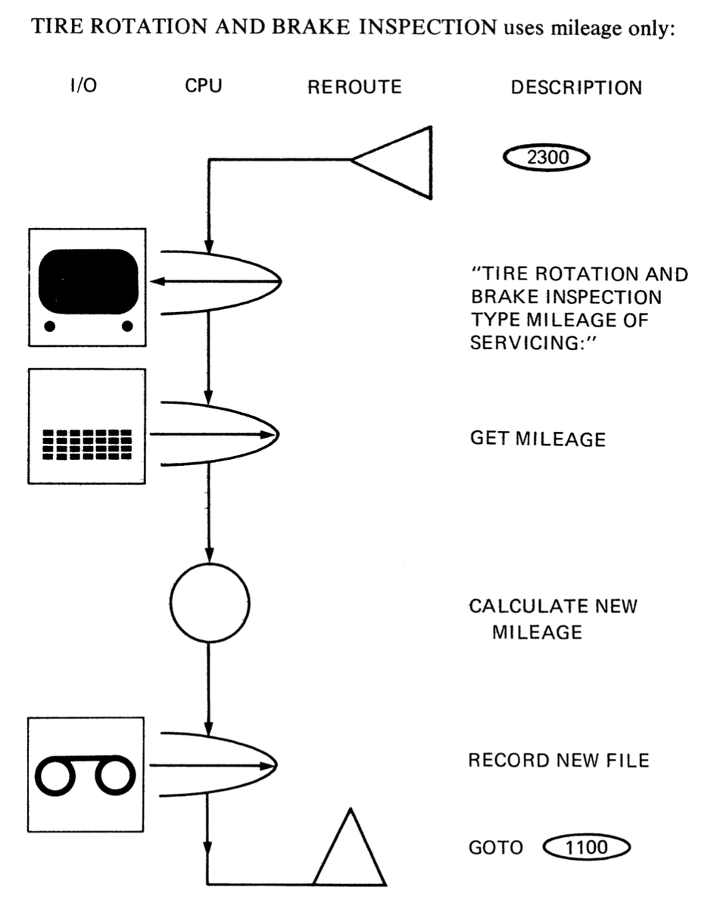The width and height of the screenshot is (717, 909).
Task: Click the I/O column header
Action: pos(83,86)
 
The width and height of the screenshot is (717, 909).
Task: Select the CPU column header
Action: pos(204,86)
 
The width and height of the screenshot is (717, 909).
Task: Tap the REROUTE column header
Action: pos(354,87)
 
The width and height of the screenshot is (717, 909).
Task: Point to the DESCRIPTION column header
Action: pos(576,88)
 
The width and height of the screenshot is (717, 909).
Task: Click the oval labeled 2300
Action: pos(547,158)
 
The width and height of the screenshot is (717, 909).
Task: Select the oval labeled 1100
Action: pos(587,847)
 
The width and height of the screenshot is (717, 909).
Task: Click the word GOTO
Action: pos(496,848)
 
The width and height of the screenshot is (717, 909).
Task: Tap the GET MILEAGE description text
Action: pos(538,439)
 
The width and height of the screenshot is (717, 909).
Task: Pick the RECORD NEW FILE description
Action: pos(559,760)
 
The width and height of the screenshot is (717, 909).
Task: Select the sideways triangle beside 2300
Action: pos(431,162)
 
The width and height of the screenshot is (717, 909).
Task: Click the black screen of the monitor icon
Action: pos(89,281)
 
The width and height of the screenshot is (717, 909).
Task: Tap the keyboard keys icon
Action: pos(87,445)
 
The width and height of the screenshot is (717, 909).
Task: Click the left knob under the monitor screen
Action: pos(49,326)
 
